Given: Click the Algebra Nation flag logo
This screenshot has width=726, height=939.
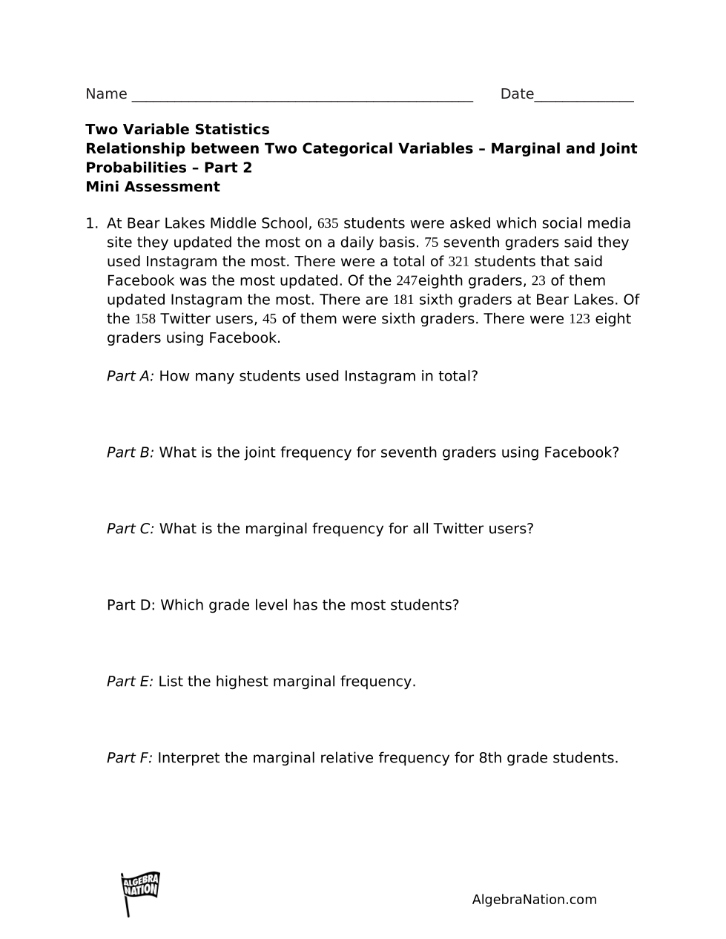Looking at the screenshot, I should pos(139,892).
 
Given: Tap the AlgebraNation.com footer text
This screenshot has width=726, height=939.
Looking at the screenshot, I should pos(534,900).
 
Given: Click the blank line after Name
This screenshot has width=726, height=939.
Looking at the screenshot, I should pos(302,96).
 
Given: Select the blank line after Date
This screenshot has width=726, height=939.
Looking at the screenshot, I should pos(584,96).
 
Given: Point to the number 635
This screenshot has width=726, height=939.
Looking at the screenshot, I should pos(328,224).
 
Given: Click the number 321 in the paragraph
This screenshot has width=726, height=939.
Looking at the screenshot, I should pos(458,262).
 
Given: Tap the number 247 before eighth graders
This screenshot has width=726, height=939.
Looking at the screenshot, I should pos(406,281).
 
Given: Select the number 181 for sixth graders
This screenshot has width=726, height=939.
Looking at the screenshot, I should pos(403,300).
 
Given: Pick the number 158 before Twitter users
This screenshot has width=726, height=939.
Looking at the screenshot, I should pos(145,320).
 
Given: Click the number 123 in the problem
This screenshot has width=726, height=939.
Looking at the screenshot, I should pos(579,320).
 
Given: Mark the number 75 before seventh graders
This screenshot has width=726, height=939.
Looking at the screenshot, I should pos(432,243).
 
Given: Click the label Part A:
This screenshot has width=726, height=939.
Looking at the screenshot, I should pos(130,376).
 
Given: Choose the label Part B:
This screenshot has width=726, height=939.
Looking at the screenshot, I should pos(130,452).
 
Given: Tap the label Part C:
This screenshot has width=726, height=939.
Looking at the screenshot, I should pos(131,529).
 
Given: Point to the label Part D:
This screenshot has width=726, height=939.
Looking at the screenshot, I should pos(131,605).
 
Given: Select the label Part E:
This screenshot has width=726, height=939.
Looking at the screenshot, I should pos(130,682).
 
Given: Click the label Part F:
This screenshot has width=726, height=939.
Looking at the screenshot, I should pos(129,758).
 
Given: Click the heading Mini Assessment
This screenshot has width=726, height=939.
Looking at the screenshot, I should pos(153,187).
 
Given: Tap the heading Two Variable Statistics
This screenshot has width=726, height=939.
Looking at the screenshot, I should pos(177,130).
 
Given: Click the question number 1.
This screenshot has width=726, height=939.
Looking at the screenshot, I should pos(90,224).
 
